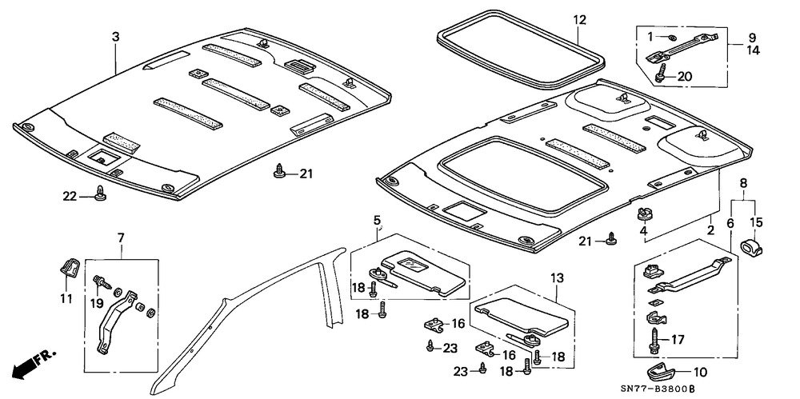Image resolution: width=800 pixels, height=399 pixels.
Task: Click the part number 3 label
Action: pos(116,37)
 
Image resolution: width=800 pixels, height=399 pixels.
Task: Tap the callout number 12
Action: pos(580,19)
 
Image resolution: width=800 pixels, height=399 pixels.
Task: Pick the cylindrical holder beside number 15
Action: pos(751,246)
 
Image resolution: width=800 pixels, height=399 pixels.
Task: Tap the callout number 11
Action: pos(66,299)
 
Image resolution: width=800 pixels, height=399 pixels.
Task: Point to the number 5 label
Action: pos(376,220)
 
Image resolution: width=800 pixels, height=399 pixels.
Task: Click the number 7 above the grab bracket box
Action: pos(121,238)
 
